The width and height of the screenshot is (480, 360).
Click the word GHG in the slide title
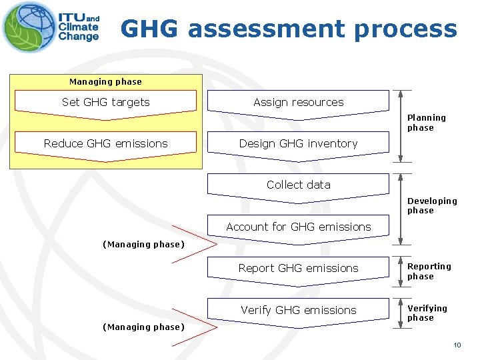[x=150, y=29]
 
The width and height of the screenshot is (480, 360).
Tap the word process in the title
[x=406, y=29]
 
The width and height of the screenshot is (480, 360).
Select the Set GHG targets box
[x=105, y=103]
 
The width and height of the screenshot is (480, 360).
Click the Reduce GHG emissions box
[x=105, y=143]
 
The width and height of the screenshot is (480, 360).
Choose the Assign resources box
[x=298, y=103]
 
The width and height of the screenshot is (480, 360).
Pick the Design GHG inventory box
[x=298, y=143]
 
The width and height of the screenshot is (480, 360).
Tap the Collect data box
[x=298, y=185]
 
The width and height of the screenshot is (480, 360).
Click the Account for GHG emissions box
[x=298, y=227]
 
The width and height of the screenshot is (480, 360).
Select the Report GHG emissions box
[x=298, y=268]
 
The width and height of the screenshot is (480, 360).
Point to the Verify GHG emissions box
[x=298, y=310]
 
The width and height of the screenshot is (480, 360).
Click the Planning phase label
[x=426, y=123]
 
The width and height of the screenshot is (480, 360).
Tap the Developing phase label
[x=432, y=205]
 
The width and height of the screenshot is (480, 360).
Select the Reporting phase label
[x=429, y=271]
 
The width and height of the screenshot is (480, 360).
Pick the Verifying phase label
[x=427, y=313]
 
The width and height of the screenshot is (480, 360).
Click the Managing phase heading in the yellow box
[x=105, y=82]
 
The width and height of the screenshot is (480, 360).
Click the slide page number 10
[x=457, y=345]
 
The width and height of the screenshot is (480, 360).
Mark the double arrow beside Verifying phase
[x=400, y=311]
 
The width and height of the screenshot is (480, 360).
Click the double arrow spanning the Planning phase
[x=400, y=127]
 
